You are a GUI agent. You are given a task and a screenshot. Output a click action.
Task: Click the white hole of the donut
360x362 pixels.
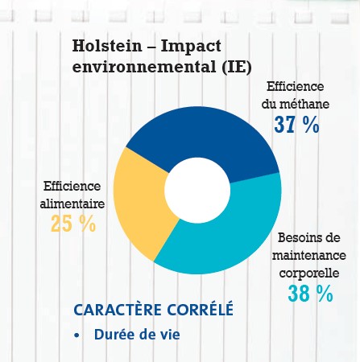[197, 190]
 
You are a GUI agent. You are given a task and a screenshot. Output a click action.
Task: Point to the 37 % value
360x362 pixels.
[296, 125]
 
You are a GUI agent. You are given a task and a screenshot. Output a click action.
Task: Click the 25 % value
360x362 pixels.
[73, 224]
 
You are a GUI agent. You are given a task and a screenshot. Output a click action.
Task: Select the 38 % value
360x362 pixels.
[310, 294]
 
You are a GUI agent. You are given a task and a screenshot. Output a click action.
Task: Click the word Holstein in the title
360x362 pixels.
[107, 46]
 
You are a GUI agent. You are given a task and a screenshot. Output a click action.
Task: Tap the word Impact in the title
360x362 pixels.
[191, 47]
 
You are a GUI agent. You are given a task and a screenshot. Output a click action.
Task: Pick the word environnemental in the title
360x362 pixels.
[144, 67]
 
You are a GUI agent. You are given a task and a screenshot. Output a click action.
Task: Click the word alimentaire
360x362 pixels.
[72, 204]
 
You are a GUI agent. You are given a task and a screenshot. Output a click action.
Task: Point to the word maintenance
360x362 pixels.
[309, 255]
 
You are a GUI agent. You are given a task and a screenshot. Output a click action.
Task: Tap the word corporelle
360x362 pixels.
[309, 274]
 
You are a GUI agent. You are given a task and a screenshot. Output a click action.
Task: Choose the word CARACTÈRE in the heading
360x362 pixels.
[118, 310]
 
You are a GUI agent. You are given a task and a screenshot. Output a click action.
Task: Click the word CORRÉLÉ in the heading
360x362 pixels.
[201, 310]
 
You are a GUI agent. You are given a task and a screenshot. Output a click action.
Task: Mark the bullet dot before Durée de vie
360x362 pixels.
[77, 335]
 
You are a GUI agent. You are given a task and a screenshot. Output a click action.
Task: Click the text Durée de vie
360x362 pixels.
[137, 334]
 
